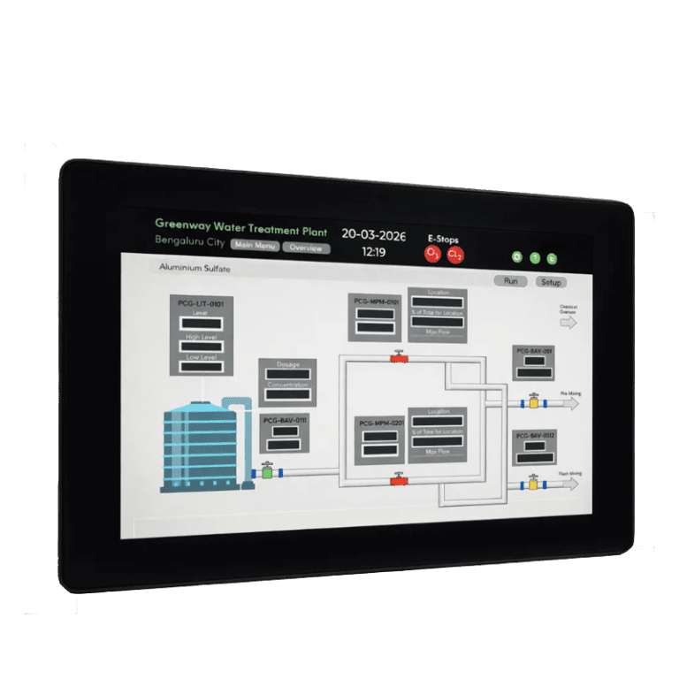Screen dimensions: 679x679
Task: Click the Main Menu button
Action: [x=255, y=246]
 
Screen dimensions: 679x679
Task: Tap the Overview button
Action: [x=306, y=248]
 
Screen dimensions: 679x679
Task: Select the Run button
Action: [x=510, y=281]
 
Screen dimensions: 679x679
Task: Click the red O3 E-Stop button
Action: [x=433, y=254]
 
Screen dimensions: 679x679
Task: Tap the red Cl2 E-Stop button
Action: [x=455, y=256]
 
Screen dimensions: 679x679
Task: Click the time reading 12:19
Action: [x=374, y=252]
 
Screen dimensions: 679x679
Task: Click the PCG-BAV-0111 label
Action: [x=285, y=420]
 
